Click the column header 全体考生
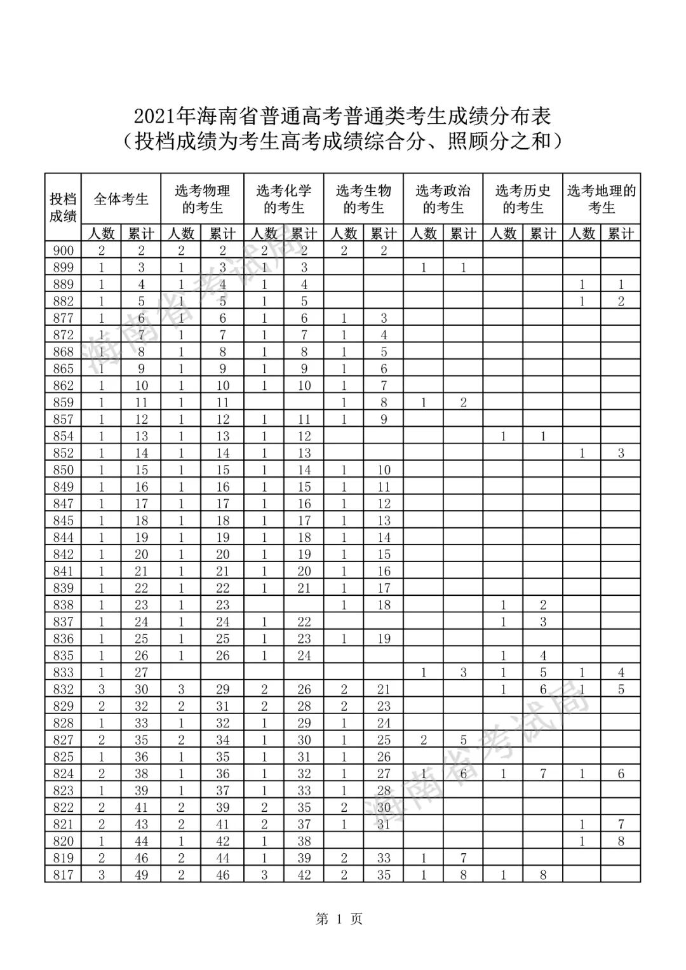121,199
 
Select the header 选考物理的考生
203,199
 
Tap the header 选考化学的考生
284,199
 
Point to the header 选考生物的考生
364,199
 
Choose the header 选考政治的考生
443,199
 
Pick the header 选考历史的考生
523,199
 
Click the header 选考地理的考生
602,199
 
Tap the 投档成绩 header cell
63,207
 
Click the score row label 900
63,250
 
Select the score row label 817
63,875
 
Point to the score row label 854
63,436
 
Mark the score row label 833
63,672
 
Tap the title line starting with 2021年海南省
342,116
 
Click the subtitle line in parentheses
342,140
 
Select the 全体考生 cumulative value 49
141,875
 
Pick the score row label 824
63,774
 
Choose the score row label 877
63,318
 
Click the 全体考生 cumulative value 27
141,672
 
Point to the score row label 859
63,402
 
